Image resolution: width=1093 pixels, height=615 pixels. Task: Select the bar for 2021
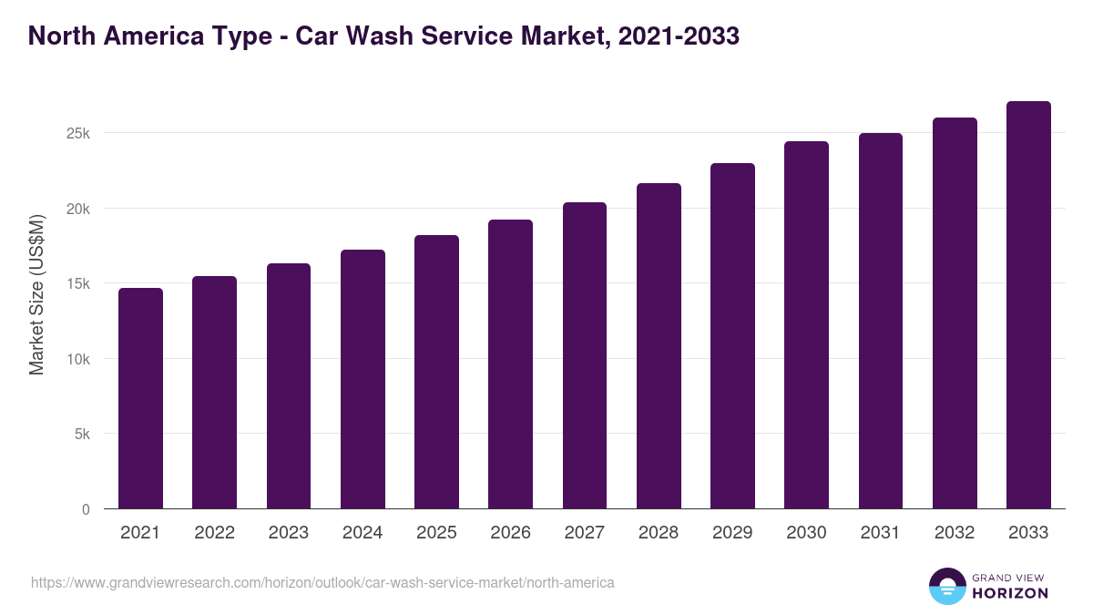(x=140, y=398)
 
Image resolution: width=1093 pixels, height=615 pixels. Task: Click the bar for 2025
(x=436, y=372)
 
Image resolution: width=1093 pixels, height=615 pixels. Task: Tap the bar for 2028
(x=659, y=346)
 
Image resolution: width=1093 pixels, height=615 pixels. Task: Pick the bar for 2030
(x=806, y=325)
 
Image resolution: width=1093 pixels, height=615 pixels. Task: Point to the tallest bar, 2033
(x=1028, y=305)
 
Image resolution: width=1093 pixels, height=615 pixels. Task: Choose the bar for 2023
(x=289, y=386)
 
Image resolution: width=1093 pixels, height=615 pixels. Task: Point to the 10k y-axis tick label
(x=79, y=359)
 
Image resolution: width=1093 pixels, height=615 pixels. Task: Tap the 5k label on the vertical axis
(x=82, y=435)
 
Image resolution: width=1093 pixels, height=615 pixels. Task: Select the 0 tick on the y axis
(x=86, y=509)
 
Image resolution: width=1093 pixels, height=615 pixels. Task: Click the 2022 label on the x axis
(x=214, y=533)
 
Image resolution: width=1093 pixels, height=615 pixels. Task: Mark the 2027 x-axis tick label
(x=584, y=533)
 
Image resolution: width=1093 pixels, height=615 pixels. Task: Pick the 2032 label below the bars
(x=955, y=533)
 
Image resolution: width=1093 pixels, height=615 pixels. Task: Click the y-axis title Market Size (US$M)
(x=36, y=294)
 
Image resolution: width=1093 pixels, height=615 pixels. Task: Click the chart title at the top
(x=383, y=36)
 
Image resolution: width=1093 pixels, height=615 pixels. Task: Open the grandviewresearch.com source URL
(x=322, y=582)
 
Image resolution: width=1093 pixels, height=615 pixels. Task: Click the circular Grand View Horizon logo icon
(x=947, y=586)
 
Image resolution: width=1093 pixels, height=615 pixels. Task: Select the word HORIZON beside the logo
(x=1010, y=593)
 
